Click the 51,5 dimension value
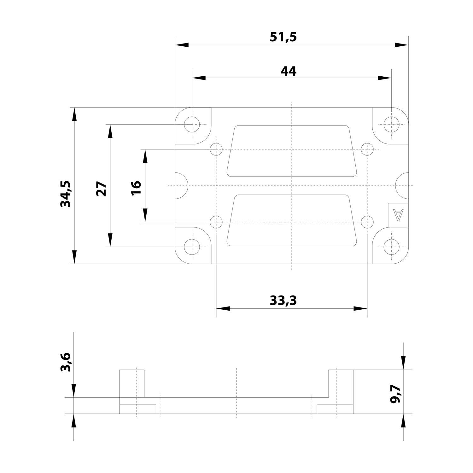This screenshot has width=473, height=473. tap(283, 37)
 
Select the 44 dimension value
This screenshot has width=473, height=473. tap(289, 71)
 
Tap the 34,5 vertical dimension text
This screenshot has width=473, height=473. tap(66, 194)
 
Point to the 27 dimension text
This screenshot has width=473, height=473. tap(102, 189)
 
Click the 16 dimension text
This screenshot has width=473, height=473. tap(137, 188)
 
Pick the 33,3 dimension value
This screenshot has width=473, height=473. tap(283, 301)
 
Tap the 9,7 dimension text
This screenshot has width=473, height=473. tap(395, 394)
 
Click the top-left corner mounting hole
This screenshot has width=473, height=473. tap(192, 124)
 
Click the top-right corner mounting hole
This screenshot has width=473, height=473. tap(391, 124)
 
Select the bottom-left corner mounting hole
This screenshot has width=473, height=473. tap(192, 247)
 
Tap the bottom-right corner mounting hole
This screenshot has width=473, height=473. tap(391, 247)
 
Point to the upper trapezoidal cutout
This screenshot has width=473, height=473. tap(292, 151)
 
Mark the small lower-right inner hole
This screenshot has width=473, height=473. tap(367, 222)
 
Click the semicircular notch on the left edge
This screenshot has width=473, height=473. tap(181, 185)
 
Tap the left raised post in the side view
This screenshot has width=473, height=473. tap(132, 383)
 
